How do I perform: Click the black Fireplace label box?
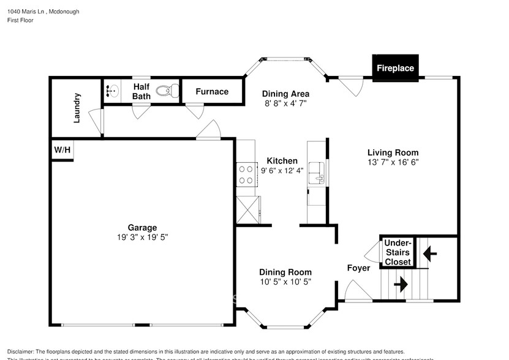pos(395,68)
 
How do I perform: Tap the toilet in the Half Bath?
pos(166,91)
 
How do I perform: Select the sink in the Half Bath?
pos(112,91)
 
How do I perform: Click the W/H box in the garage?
pos(62,149)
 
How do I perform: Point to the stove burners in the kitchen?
pos(246,174)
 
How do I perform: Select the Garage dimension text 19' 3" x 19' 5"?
pos(142,237)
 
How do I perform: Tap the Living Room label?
pos(393,152)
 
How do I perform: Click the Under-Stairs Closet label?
pos(398,252)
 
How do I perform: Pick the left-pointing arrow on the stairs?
pos(429,250)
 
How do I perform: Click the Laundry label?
pos(77,108)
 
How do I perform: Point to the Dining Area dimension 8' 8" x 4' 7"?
pos(285,103)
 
